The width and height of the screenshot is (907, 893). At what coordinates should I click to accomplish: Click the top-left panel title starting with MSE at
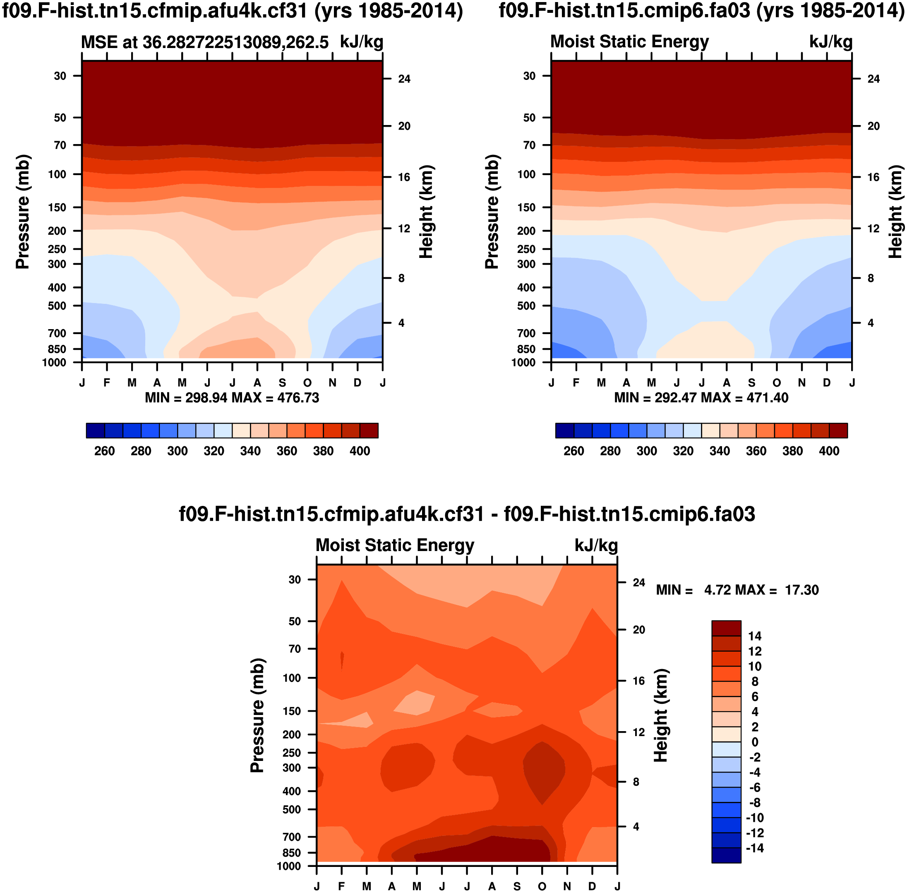[204, 42]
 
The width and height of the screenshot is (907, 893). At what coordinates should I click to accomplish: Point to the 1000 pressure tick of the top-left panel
[54, 362]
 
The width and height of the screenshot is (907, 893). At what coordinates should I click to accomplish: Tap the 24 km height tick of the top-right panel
[873, 79]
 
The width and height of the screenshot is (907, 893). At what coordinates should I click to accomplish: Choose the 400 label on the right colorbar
[829, 451]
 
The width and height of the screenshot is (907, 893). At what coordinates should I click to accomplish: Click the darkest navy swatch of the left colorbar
[95, 431]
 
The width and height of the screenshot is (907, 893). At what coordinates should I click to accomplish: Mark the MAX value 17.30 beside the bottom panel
[801, 590]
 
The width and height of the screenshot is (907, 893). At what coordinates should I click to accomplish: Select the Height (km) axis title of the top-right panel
[895, 212]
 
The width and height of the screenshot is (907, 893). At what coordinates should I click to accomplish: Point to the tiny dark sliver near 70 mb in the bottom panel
[342, 659]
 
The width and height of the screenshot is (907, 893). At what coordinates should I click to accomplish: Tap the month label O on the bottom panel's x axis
[542, 886]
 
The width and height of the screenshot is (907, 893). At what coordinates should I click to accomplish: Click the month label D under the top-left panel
[357, 383]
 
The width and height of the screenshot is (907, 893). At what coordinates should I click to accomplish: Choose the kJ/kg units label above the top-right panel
[830, 42]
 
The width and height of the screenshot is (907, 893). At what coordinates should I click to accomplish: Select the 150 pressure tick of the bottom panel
[292, 710]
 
